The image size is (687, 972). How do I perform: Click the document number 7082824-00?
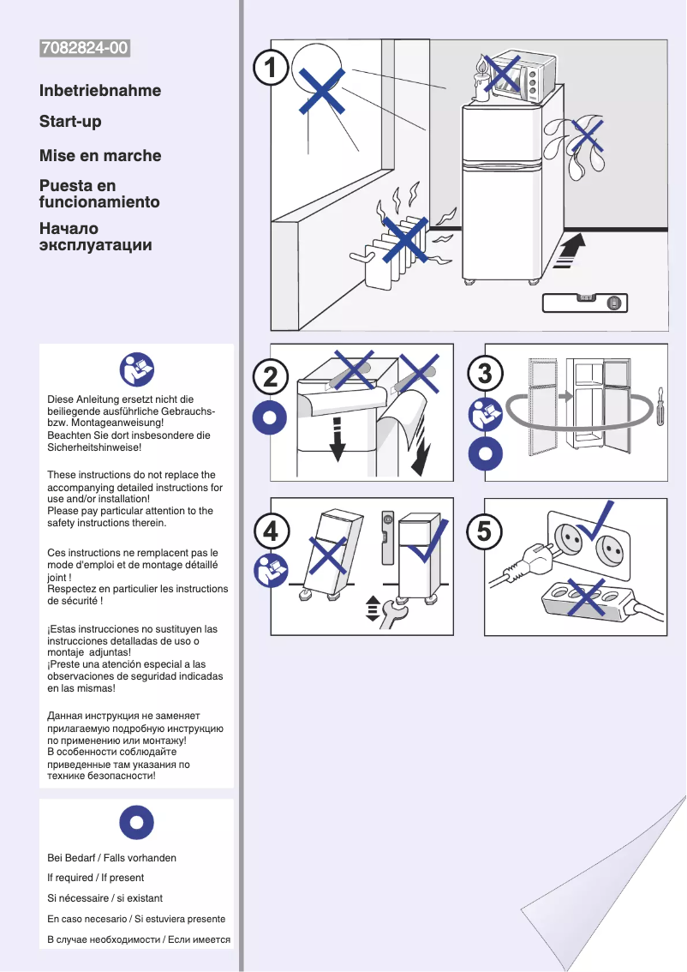pyautogui.click(x=85, y=49)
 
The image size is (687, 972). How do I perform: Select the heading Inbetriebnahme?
pyautogui.click(x=100, y=91)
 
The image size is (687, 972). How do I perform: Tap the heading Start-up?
pyautogui.click(x=70, y=122)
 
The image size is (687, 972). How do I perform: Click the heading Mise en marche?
pyautogui.click(x=100, y=156)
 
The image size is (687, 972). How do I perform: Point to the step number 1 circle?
pyautogui.click(x=272, y=68)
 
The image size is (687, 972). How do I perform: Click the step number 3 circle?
pyautogui.click(x=485, y=375)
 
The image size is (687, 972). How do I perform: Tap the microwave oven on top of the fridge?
pyautogui.click(x=516, y=77)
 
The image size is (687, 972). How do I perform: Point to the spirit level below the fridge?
pyautogui.click(x=585, y=303)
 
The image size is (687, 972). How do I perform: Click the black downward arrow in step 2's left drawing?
pyautogui.click(x=338, y=437)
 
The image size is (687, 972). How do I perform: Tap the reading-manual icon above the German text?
pyautogui.click(x=136, y=369)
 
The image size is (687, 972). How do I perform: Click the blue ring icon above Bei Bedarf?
pyautogui.click(x=136, y=824)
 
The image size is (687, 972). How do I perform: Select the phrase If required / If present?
pyautogui.click(x=95, y=878)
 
